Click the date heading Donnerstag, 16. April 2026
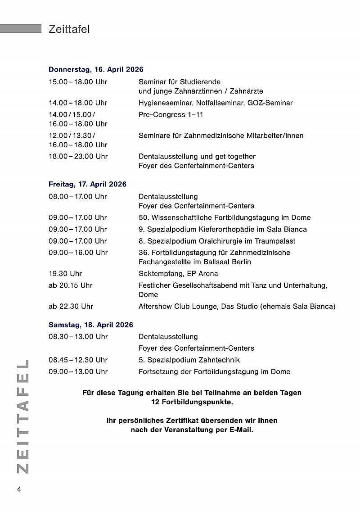tap(96, 69)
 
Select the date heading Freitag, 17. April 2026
tap(87, 184)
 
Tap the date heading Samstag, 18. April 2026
tap(90, 325)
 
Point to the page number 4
tap(19, 489)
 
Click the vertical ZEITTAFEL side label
tap(22, 416)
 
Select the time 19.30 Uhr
tap(65, 274)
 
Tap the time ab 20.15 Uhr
tap(71, 285)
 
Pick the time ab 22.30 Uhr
tap(71, 307)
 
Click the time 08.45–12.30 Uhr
tap(78, 360)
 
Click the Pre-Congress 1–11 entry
tap(171, 115)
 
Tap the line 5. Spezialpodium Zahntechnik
tap(189, 360)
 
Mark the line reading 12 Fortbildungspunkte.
tap(192, 402)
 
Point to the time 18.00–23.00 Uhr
tap(78, 157)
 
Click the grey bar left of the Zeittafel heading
tap(21, 28)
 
